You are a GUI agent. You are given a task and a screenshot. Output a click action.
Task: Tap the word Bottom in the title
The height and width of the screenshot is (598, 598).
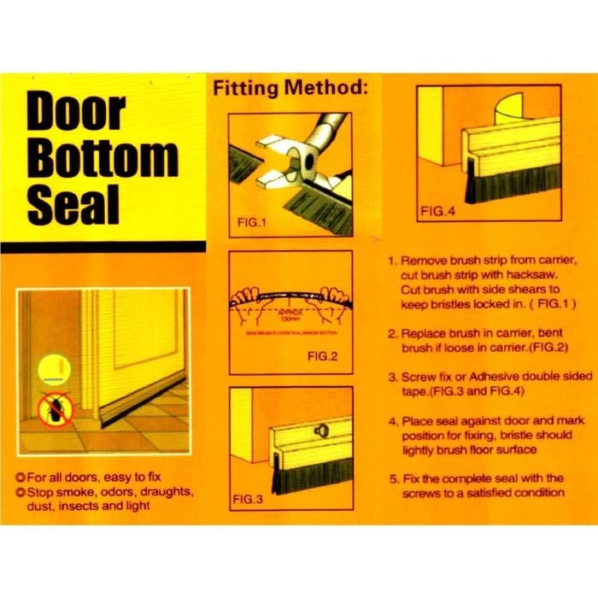pos(103,161)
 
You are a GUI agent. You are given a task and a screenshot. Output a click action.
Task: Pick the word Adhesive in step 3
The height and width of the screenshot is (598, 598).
pos(490,376)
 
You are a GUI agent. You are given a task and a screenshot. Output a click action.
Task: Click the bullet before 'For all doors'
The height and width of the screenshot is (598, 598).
pos(21,477)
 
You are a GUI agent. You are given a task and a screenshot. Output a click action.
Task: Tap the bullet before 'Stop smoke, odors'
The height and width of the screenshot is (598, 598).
pos(21,492)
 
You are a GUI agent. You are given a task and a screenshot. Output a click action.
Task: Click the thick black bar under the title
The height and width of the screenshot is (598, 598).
pos(103,247)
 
